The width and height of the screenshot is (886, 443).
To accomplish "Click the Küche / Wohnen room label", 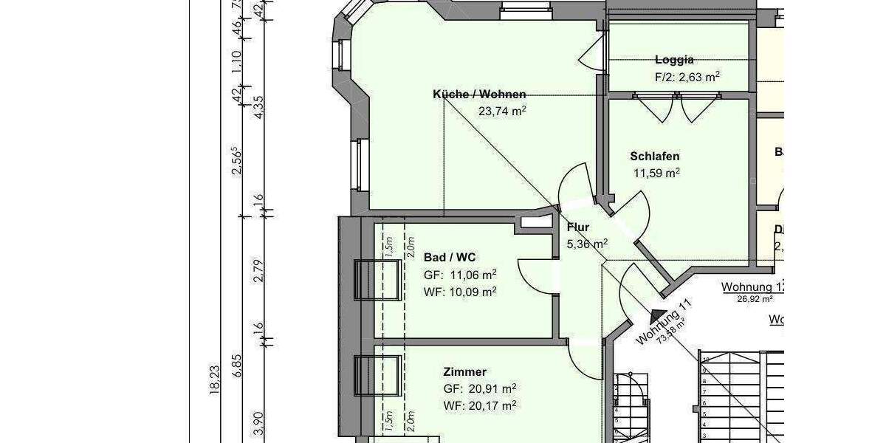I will click(x=479, y=95).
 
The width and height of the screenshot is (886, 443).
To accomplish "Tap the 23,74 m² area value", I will click(x=502, y=111).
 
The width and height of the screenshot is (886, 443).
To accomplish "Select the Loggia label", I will click(x=674, y=60).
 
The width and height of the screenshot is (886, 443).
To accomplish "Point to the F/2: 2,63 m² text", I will click(x=687, y=77).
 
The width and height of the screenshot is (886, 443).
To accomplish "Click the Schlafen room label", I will click(x=655, y=157).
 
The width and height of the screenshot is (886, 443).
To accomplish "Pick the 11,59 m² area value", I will click(x=656, y=174).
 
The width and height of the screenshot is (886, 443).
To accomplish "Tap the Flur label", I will click(x=579, y=227).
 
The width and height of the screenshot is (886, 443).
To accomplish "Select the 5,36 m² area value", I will click(x=587, y=243).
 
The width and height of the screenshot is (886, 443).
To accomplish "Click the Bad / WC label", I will click(x=450, y=258).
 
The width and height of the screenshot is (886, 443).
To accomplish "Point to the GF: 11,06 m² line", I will click(x=460, y=275).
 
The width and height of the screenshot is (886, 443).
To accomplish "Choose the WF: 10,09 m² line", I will click(x=460, y=291).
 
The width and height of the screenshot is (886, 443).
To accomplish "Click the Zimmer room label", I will click(x=465, y=371).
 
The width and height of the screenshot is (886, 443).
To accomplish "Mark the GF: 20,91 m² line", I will click(x=480, y=388).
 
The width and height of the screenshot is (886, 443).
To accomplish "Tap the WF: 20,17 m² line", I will click(x=480, y=405).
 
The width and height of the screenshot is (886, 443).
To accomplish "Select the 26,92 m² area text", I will click(x=755, y=300).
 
